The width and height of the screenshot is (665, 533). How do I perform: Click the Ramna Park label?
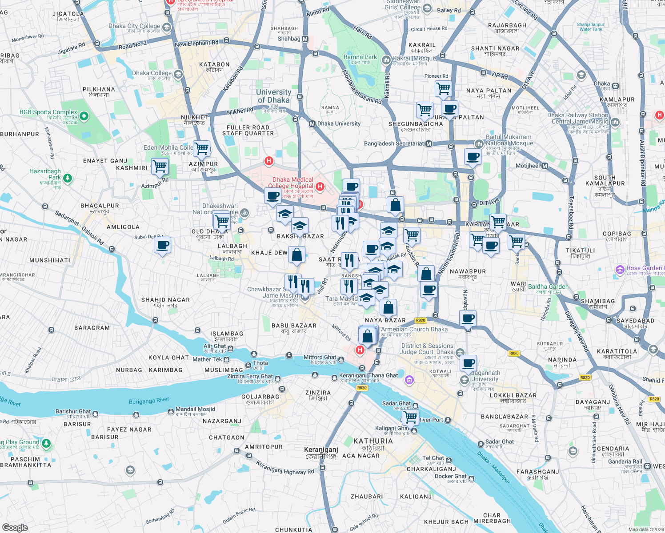360,57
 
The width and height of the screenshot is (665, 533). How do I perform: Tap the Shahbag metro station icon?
305,39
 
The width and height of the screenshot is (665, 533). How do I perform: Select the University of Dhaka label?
273,96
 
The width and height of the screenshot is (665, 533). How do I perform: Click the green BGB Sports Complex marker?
84,116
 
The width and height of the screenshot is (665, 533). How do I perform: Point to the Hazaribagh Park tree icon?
67,178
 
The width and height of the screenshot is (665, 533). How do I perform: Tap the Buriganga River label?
149,401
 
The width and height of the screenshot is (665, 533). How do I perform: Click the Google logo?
15,527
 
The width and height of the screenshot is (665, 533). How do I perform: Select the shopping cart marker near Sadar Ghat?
410,417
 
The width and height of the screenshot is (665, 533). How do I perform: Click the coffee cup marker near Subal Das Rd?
162,245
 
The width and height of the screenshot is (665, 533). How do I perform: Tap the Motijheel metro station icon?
545,166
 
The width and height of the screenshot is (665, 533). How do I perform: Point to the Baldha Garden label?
548,287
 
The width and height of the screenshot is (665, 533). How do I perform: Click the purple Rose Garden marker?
620,270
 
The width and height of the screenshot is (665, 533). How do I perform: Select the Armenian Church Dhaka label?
414,329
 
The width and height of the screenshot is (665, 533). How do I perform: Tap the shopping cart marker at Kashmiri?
160,167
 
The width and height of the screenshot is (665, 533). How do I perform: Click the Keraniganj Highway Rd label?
284,467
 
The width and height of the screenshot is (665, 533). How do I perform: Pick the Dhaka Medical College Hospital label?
292,183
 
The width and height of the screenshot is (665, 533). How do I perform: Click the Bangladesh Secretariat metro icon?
429,144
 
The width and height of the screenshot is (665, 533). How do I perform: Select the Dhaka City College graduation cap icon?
167,28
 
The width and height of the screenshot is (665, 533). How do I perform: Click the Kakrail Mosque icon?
386,59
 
